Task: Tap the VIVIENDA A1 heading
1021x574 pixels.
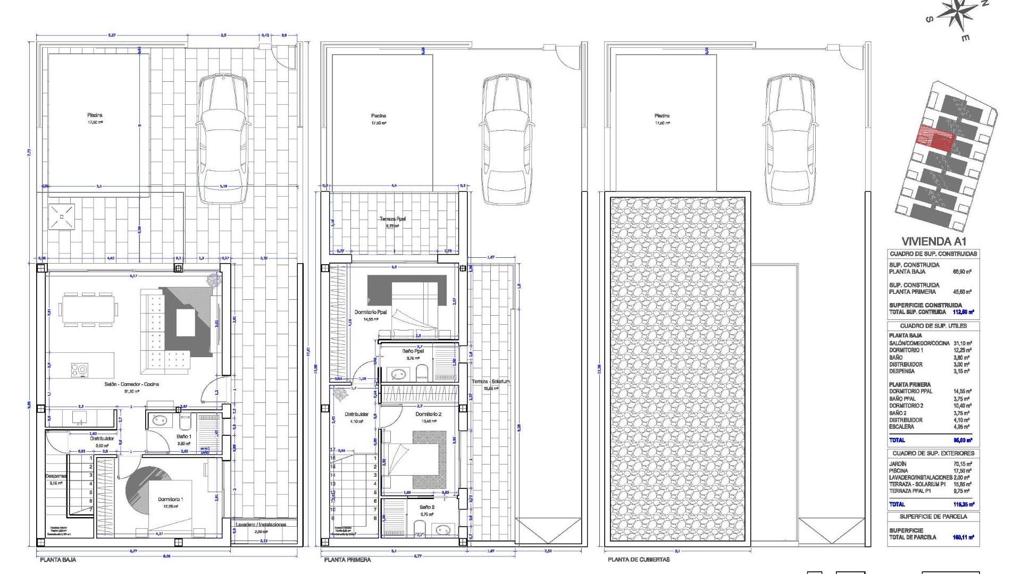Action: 933,241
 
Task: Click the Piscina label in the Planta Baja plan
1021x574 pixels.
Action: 95,115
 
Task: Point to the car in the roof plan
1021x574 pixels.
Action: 790,139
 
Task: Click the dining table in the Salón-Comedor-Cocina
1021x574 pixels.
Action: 89,309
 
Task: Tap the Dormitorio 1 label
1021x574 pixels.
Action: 170,500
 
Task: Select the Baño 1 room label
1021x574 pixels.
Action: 184,436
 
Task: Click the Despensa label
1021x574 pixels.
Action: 55,476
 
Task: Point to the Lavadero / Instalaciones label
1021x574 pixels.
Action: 261,525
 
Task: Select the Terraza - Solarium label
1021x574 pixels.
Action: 490,382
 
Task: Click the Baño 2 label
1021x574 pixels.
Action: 426,508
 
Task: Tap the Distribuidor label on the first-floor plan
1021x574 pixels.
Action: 356,415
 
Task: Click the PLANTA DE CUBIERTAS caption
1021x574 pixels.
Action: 639,560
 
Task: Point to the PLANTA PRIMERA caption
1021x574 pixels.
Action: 347,560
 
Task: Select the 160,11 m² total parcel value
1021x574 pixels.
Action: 963,537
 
